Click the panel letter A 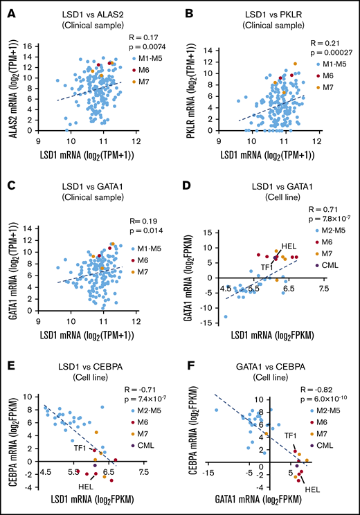(10, 10)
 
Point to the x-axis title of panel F (276, 507)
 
